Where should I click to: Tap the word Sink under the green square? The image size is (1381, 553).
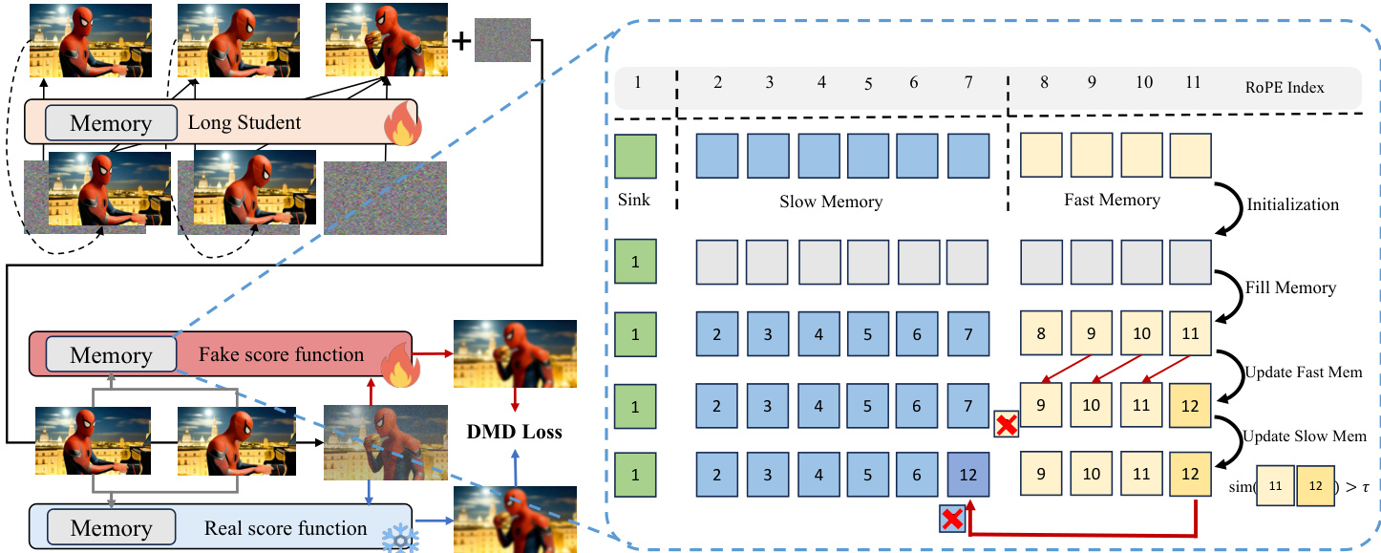pos(634,201)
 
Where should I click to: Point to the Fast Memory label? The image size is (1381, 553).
pos(1112,201)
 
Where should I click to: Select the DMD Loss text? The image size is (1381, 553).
pos(515,432)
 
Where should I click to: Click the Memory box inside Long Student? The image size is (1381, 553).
pos(111,123)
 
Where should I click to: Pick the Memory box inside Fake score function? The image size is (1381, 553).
pos(111,355)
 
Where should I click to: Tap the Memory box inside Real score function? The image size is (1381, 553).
pos(111,528)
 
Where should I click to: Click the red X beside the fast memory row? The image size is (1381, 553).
pos(1005,427)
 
